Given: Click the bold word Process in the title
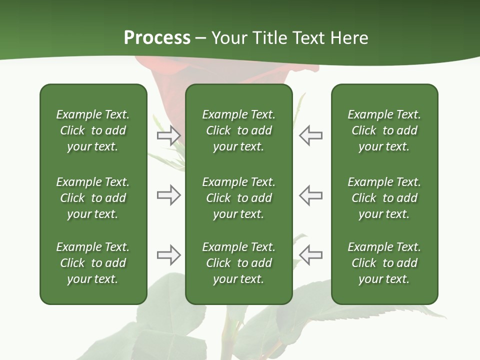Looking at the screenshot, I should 157,38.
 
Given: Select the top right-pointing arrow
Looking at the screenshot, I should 168,135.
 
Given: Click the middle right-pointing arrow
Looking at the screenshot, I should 168,195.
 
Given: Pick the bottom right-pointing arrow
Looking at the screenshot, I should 168,255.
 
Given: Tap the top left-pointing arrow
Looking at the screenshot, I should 311,135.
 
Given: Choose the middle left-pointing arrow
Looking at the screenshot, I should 311,195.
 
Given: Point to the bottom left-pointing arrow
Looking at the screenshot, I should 311,255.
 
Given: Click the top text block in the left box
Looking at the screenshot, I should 93,130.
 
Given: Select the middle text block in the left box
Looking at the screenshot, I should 93,198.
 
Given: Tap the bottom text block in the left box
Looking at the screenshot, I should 93,263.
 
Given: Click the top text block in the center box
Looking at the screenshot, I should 238,130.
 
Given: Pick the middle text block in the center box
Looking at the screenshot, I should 238,198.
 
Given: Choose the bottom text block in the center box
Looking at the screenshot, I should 238,263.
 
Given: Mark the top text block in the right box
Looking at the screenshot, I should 384,130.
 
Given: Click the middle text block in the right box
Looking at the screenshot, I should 384,198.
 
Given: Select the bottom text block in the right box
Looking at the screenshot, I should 384,263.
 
